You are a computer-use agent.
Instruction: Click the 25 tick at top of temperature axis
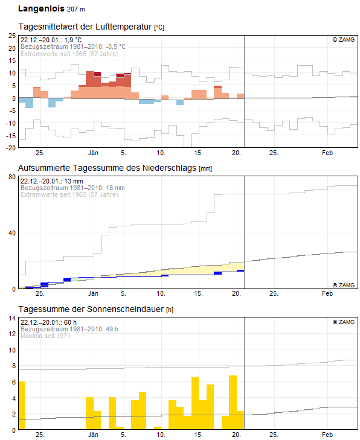pos(11,36)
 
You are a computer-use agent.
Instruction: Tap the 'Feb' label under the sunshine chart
pos(327,435)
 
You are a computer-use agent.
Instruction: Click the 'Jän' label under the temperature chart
pos(94,153)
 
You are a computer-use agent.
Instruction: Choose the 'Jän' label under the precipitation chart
pos(94,293)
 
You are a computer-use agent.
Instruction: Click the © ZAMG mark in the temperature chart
pos(344,40)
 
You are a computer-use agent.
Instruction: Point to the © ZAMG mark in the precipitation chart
pos(344,284)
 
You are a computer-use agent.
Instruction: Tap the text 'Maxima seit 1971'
pos(45,336)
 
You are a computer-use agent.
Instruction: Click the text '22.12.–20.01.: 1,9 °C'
pos(51,40)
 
